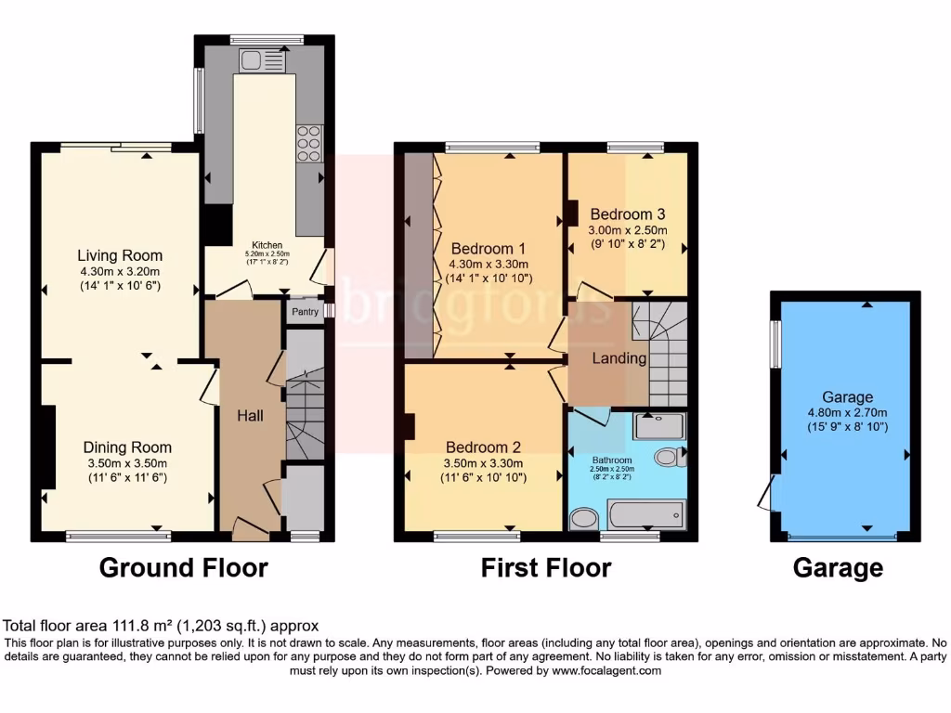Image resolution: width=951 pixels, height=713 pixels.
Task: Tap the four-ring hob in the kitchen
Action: [x=309, y=145]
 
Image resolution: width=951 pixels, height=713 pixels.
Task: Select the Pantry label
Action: [x=304, y=313]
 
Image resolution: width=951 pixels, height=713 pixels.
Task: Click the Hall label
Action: [x=248, y=415]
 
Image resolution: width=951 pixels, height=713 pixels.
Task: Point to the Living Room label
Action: [x=120, y=255]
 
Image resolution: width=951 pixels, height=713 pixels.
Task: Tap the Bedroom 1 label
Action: [x=489, y=249]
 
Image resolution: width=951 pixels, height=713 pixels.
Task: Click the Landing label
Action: [x=619, y=357]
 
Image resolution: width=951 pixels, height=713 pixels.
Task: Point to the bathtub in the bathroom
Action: [x=645, y=514]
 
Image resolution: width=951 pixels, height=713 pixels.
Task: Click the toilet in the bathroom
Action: [x=668, y=457]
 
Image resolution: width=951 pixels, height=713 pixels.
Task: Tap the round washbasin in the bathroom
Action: [x=585, y=519]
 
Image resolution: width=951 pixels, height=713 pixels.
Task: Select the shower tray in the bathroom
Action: [x=658, y=426]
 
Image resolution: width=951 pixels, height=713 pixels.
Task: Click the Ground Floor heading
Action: [x=183, y=567]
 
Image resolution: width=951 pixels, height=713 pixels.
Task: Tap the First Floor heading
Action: [x=545, y=567]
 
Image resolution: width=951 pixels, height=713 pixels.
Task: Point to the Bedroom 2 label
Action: [x=483, y=447]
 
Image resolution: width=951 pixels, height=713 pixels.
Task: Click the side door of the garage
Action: [x=765, y=491]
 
